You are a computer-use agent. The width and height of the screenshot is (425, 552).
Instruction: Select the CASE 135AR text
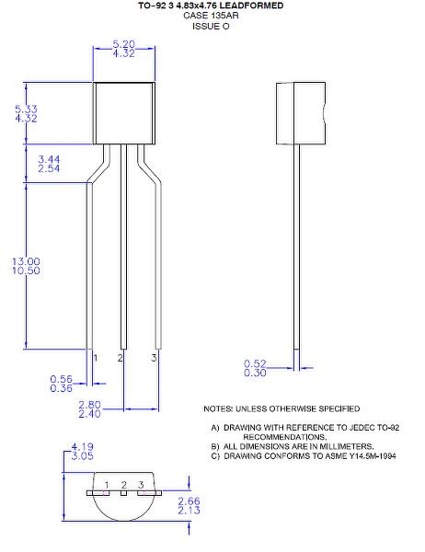(211, 16)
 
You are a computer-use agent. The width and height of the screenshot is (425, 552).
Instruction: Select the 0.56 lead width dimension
(61, 378)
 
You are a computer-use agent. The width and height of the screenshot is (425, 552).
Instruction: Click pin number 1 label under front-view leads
(95, 355)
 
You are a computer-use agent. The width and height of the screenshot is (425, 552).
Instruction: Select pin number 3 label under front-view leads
(154, 355)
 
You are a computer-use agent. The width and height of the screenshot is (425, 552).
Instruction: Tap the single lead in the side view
(297, 248)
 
